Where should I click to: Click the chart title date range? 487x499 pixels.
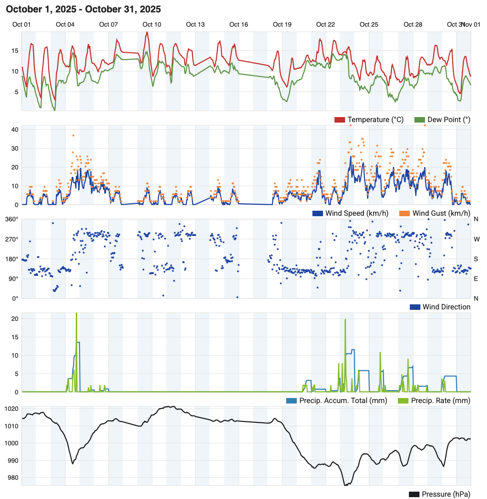tap(84, 9)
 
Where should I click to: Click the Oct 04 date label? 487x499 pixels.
tap(65, 24)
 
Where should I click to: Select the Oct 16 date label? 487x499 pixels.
tap(238, 24)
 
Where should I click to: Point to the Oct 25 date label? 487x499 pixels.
tap(369, 24)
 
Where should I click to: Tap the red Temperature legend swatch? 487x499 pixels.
tap(340, 120)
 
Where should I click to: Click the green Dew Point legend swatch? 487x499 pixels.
tap(419, 120)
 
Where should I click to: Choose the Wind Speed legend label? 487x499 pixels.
tap(357, 213)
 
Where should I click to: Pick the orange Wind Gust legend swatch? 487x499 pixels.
tap(404, 213)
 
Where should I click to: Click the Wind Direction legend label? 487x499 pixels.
tap(446, 307)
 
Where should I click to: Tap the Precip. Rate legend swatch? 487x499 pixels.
tap(403, 401)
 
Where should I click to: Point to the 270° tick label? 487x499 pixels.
tap(11, 239)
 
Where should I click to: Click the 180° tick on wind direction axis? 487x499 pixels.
tap(11, 259)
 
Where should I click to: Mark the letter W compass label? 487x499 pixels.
tap(476, 239)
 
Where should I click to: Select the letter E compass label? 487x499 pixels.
tap(476, 279)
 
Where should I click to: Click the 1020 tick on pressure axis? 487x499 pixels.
tap(11, 409)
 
